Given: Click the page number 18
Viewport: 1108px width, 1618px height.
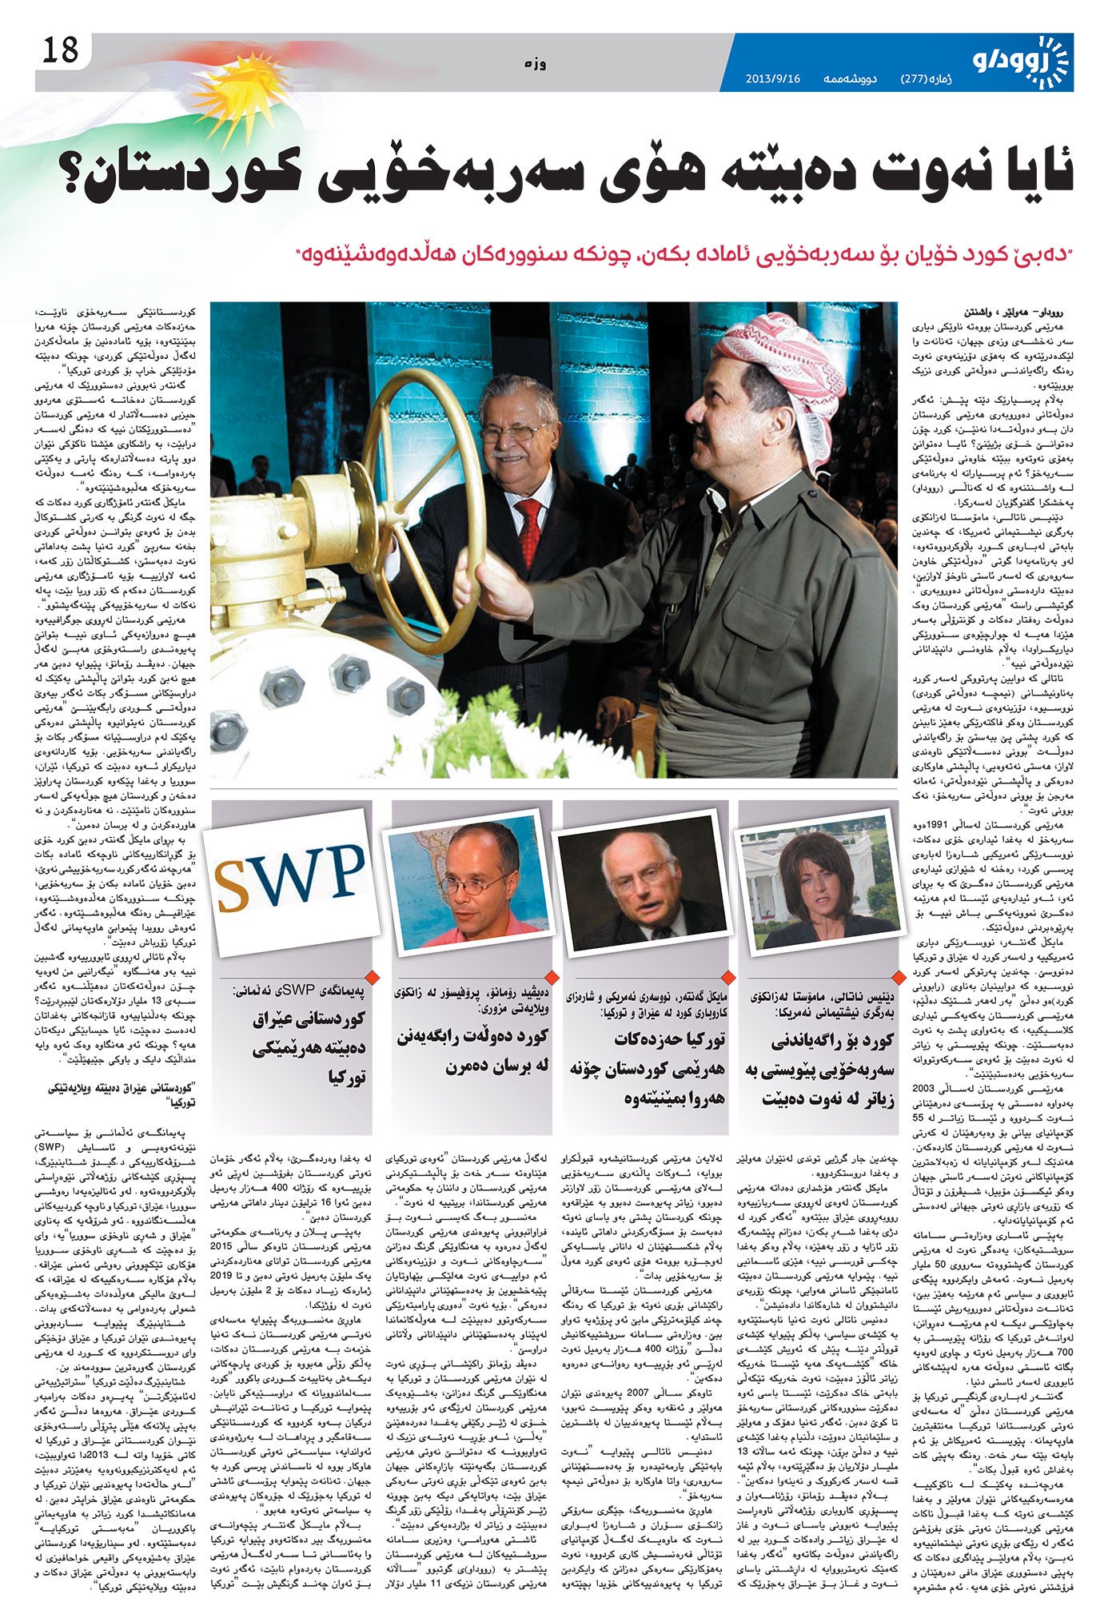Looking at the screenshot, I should tap(62, 50).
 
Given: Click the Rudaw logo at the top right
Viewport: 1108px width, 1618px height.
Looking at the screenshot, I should tap(1021, 62).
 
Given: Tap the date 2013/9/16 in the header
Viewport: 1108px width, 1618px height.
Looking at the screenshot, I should tap(773, 79).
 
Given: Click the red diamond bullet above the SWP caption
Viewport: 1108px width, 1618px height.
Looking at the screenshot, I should tap(370, 976).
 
